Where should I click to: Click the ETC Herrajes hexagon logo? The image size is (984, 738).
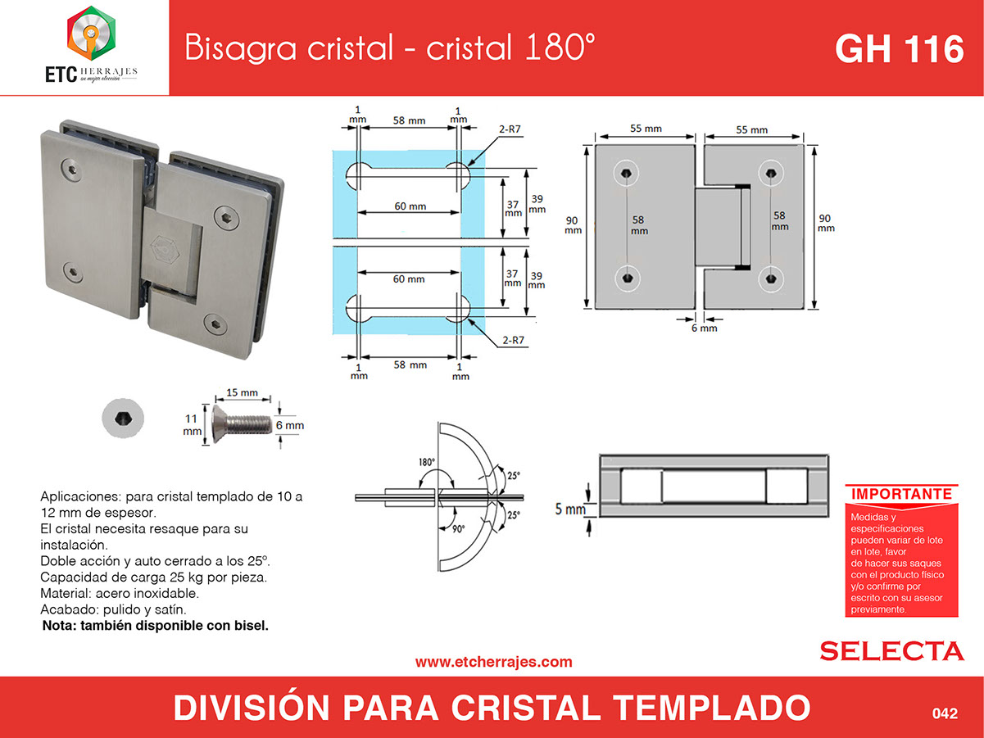[x=92, y=33]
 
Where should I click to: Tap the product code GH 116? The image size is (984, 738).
[x=900, y=49]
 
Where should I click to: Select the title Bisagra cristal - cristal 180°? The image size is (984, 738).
[x=390, y=47]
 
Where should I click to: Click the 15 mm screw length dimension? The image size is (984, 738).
[x=242, y=392]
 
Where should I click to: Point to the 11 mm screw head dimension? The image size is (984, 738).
[x=192, y=425]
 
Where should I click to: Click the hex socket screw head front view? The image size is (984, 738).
[x=122, y=418]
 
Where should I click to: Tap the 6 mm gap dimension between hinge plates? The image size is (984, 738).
[x=705, y=328]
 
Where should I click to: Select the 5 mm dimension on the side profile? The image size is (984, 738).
[x=570, y=509]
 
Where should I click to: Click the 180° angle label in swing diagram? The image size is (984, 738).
[x=427, y=462]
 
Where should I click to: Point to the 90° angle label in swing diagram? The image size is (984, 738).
[x=458, y=529]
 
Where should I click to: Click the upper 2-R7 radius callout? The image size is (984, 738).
[x=510, y=129]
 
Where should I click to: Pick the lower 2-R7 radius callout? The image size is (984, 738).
[x=513, y=340]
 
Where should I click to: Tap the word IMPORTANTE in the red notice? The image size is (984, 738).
[x=901, y=494]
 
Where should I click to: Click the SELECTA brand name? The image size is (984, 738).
[x=891, y=651]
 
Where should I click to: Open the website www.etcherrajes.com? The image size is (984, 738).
[x=493, y=662]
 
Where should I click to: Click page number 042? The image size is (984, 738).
[x=945, y=713]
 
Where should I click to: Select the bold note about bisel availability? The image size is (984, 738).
[x=155, y=626]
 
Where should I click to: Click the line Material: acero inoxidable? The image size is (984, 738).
[x=120, y=593]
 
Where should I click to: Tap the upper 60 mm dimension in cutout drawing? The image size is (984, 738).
[x=410, y=206]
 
